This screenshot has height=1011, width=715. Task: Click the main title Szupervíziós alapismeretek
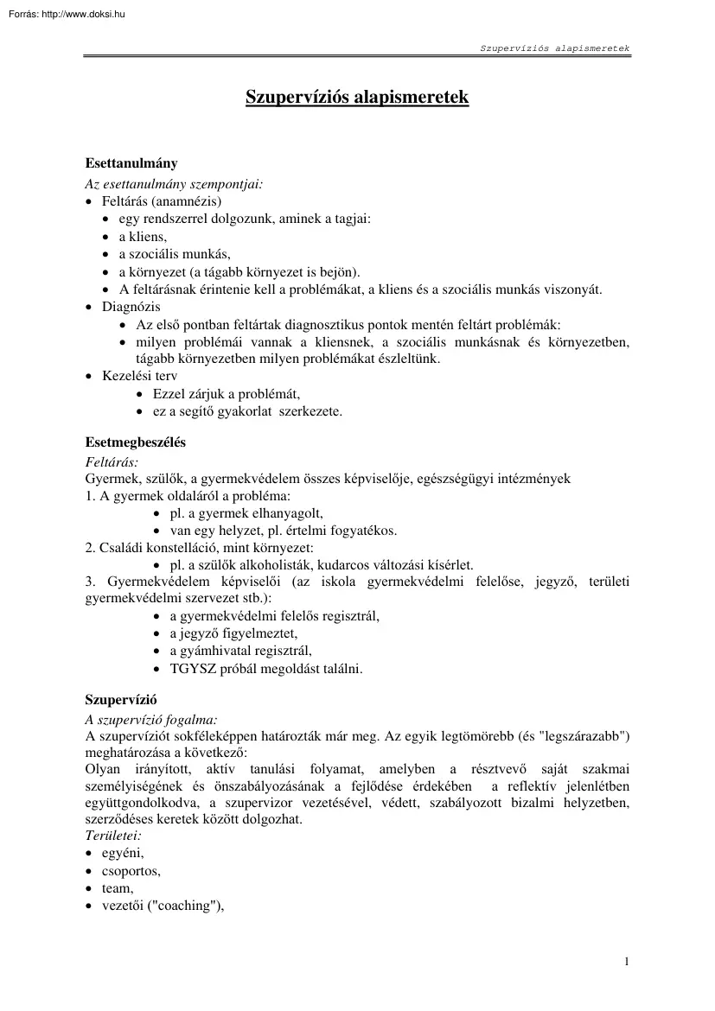[357, 97]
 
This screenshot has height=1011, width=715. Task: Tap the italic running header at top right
[555, 48]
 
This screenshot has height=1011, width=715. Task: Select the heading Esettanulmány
[131, 162]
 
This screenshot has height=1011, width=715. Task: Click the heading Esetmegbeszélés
[136, 442]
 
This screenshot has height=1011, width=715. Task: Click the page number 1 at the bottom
[626, 961]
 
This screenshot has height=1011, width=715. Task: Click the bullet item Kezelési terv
[139, 377]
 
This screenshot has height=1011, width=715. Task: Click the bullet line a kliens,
[143, 237]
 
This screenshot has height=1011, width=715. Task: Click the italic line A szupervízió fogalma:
[151, 718]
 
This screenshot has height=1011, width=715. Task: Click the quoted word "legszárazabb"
[586, 735]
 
